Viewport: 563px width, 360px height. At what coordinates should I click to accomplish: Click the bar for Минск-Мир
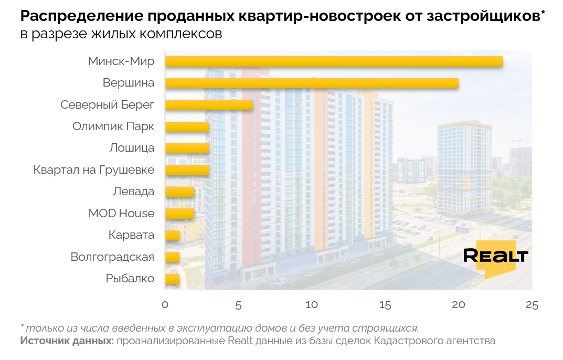(x=334, y=61)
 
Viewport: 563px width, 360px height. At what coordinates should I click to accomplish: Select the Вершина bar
(x=312, y=83)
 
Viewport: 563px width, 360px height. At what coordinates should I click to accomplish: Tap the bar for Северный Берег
(x=209, y=105)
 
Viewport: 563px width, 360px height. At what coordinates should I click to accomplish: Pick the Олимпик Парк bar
(x=187, y=127)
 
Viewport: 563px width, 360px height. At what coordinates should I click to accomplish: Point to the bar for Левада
(x=179, y=192)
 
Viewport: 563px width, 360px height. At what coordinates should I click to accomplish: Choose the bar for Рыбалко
(x=172, y=279)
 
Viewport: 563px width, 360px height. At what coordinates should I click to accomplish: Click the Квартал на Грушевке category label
(x=94, y=170)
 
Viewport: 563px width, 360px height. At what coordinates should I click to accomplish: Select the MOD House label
(x=121, y=214)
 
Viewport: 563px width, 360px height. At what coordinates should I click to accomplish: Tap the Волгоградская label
(x=112, y=257)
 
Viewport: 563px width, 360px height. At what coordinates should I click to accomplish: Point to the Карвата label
(x=131, y=235)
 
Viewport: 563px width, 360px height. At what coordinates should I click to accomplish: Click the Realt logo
(x=496, y=257)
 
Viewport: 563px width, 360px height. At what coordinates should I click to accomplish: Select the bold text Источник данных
(x=67, y=341)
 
